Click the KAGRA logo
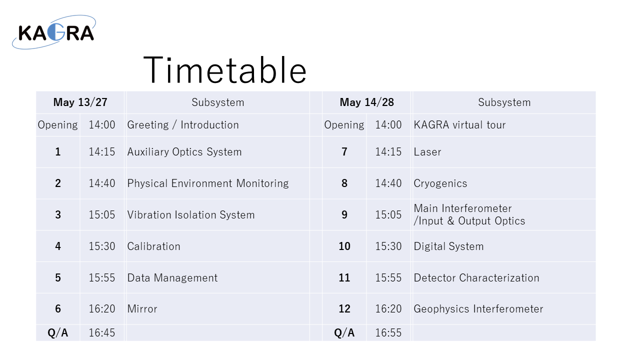click(x=54, y=32)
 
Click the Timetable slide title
click(x=225, y=70)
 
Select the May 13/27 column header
click(x=80, y=102)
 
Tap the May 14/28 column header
click(x=367, y=102)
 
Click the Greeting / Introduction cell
click(x=183, y=125)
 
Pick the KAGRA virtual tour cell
click(x=459, y=125)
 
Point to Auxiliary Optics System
click(x=184, y=152)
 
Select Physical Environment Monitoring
click(x=207, y=183)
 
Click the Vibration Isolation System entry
click(x=191, y=215)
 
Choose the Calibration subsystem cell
click(x=153, y=246)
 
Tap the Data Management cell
click(x=172, y=277)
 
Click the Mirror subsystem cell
click(x=142, y=309)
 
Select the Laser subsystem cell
click(x=427, y=152)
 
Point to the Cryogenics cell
click(x=440, y=183)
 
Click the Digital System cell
click(x=448, y=246)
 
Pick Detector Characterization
click(x=476, y=277)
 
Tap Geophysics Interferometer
click(x=478, y=309)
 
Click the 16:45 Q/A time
click(x=101, y=333)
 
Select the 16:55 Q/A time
click(x=388, y=333)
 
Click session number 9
click(x=344, y=215)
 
